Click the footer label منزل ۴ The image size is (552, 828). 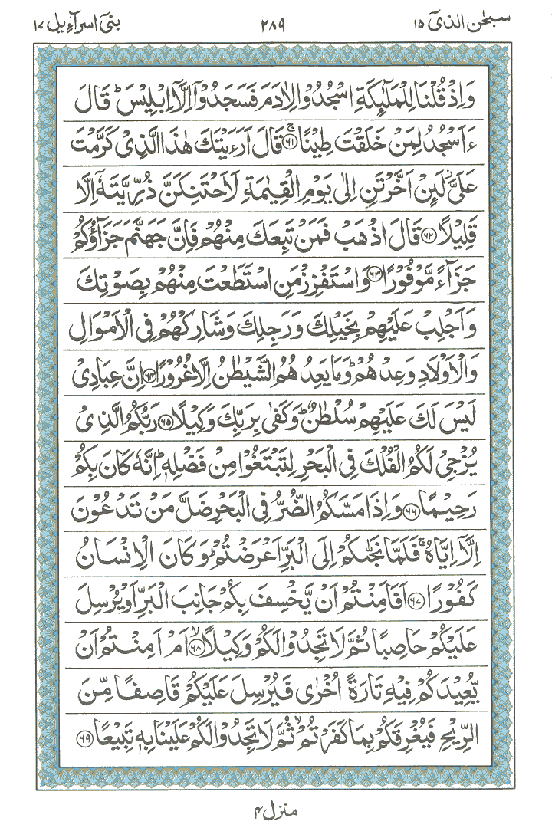pos(275,807)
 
